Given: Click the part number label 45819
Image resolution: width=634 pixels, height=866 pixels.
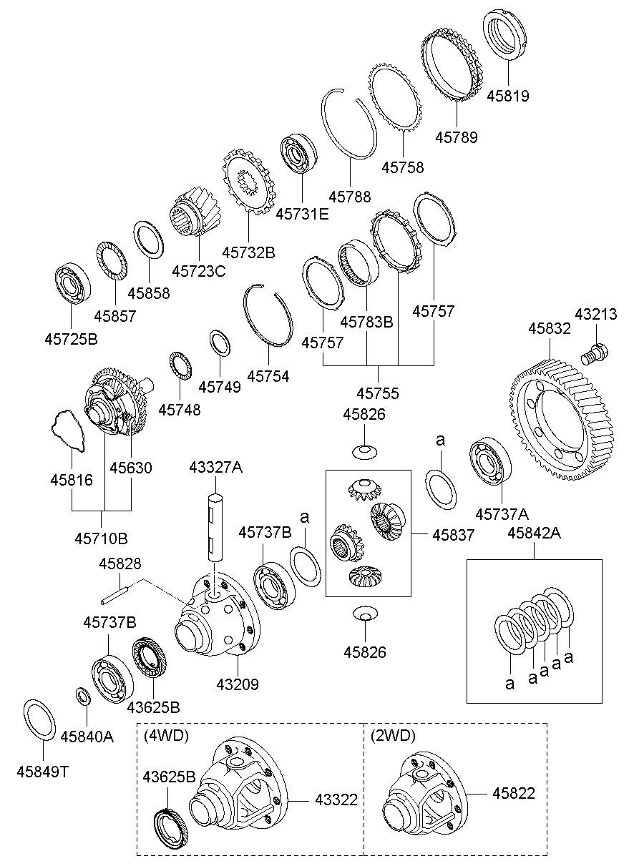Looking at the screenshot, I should click(x=508, y=96).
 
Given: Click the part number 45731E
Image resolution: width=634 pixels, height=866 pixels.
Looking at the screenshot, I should click(x=302, y=213).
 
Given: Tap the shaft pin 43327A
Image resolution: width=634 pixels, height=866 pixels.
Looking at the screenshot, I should click(x=216, y=526).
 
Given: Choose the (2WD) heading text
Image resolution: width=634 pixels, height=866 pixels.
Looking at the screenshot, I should click(x=393, y=735).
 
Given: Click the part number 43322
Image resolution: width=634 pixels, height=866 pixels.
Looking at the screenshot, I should click(x=336, y=799).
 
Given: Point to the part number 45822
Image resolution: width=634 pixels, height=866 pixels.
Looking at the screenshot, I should click(x=513, y=793).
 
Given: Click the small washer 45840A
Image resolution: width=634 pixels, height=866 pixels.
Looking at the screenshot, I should click(x=83, y=695).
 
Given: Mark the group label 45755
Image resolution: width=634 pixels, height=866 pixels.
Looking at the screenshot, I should click(x=378, y=393).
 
